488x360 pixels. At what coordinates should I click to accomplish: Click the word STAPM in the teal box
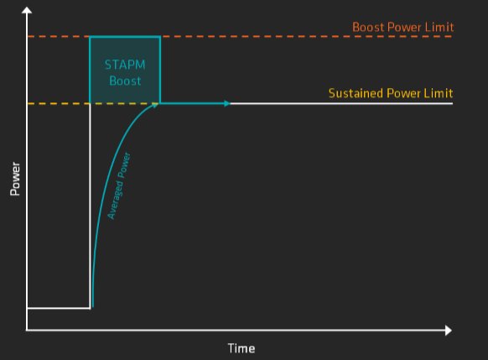point(125,65)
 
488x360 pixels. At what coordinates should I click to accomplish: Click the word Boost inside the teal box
point(125,81)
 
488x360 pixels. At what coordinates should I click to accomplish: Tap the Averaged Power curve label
point(119,186)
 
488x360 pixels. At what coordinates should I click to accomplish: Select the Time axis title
point(241,348)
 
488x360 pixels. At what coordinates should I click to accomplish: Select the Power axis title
point(15,179)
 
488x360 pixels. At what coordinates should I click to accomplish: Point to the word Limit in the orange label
point(439,27)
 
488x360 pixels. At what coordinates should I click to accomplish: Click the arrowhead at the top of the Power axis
point(27,10)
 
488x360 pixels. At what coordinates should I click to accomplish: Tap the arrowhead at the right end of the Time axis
point(449,330)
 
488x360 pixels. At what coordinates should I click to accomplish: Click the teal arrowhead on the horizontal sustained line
point(227,103)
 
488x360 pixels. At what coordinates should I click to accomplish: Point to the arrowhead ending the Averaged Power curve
point(155,105)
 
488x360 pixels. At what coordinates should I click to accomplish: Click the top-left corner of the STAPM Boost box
point(90,37)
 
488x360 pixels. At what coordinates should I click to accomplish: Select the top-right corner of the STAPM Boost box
point(160,37)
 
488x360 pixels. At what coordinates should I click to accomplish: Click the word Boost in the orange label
point(368,27)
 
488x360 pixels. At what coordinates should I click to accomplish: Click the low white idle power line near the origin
point(59,308)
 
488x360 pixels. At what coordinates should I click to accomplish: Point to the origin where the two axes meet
point(27,330)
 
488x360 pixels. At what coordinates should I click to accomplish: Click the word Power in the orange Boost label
point(405,27)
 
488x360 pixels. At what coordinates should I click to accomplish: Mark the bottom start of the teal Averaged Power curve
point(93,307)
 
